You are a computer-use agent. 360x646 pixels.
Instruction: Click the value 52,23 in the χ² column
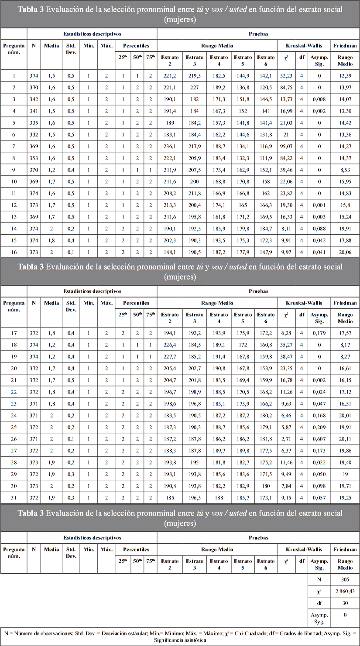coord(286,75)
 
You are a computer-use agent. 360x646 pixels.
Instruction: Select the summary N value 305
coord(345,579)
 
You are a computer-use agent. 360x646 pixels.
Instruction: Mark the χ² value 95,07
coord(286,157)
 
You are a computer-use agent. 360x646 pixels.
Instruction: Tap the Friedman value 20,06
coord(345,251)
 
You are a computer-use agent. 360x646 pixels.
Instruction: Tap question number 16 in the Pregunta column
coord(14,251)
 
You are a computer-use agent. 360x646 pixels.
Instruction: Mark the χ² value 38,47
coord(286,357)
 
